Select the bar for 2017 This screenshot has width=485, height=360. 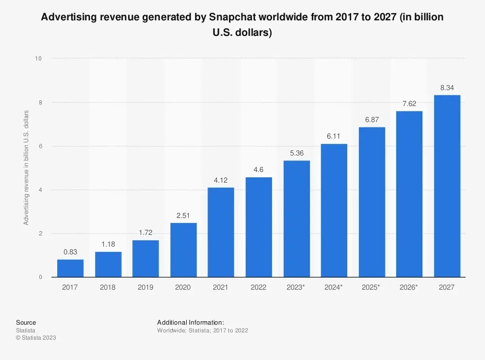pyautogui.click(x=70, y=268)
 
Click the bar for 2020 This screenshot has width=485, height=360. pyautogui.click(x=183, y=250)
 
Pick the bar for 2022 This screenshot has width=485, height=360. pyautogui.click(x=259, y=227)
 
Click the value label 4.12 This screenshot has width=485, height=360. pyautogui.click(x=221, y=180)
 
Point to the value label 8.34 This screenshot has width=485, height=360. pyautogui.click(x=447, y=87)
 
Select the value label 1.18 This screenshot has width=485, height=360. pyautogui.click(x=108, y=244)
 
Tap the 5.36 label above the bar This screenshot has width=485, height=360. pyautogui.click(x=296, y=153)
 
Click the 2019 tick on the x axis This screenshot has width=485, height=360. pyautogui.click(x=145, y=287)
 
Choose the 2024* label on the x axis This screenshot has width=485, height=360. pyautogui.click(x=334, y=287)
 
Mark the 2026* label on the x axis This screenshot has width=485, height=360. pyautogui.click(x=409, y=287)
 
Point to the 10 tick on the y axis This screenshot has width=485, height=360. pyautogui.click(x=38, y=59)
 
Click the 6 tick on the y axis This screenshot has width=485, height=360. pyautogui.click(x=40, y=146)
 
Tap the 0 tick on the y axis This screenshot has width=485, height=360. pyautogui.click(x=40, y=277)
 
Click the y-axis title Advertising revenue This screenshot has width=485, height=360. pyautogui.click(x=26, y=168)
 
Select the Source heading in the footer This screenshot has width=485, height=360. pyautogui.click(x=26, y=322)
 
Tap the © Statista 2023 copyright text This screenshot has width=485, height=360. pyautogui.click(x=36, y=338)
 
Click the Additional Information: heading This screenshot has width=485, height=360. pyautogui.click(x=190, y=322)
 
